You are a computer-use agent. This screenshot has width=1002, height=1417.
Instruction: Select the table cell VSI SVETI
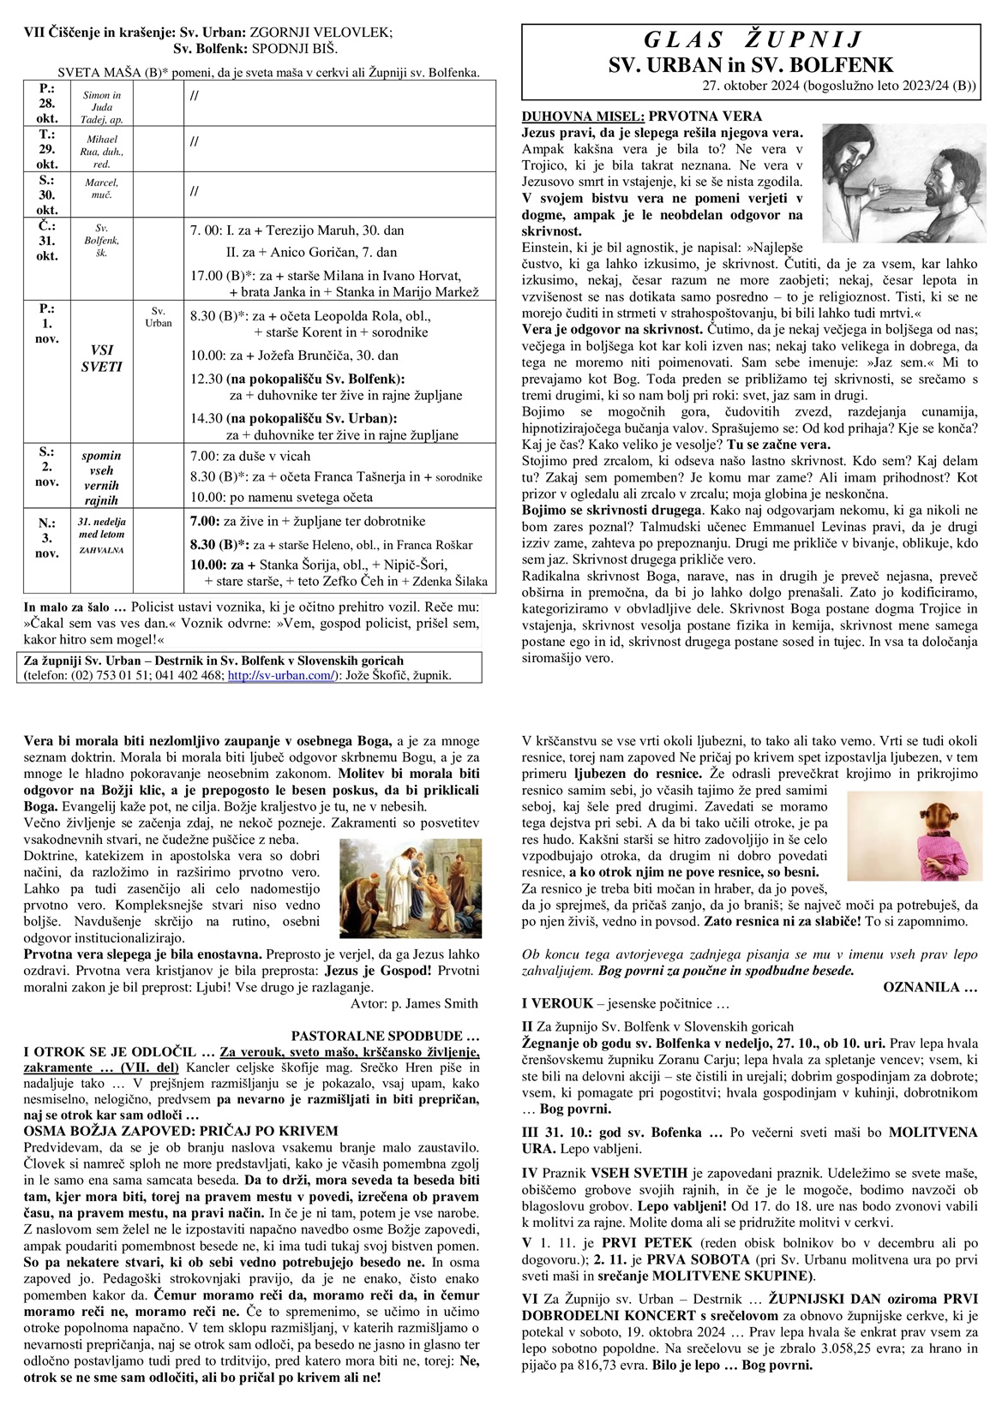click(102, 358)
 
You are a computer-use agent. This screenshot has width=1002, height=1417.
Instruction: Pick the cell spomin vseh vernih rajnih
click(102, 477)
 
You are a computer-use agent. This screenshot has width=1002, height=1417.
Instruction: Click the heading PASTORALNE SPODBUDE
click(384, 1035)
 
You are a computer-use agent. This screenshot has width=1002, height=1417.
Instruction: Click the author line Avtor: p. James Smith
click(414, 1003)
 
